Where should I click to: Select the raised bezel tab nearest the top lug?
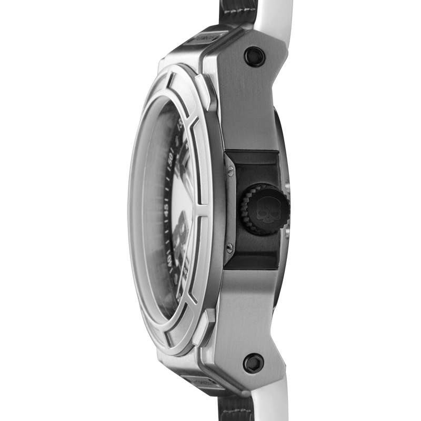(x=205, y=92)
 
